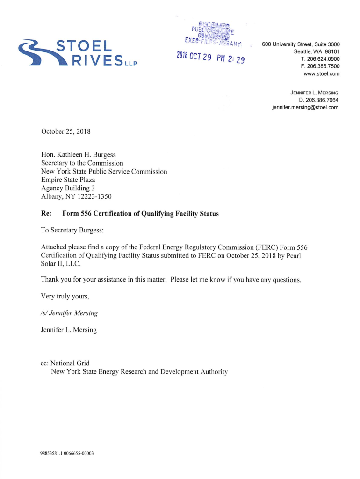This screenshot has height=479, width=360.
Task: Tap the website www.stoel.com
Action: point(322,74)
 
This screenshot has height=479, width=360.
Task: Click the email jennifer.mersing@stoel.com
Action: point(305,107)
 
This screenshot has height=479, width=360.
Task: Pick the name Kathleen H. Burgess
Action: point(87,155)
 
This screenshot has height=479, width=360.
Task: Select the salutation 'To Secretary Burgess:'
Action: point(72,230)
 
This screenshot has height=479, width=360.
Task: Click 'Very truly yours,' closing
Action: point(65,297)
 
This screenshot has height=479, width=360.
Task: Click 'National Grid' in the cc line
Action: point(70,363)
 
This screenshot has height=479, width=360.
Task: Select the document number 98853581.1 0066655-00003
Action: point(67,453)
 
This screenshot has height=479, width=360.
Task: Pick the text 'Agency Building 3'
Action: point(68,188)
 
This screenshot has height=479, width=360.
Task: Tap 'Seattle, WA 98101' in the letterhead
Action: point(317,51)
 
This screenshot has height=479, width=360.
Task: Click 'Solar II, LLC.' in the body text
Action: point(61,264)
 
